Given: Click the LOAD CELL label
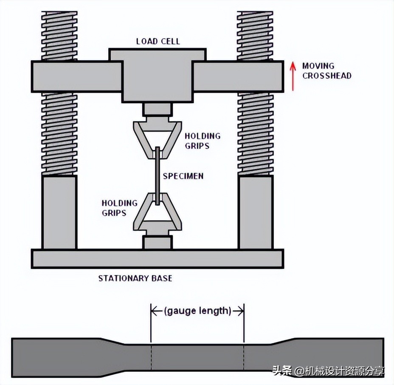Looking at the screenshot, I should tap(158, 41).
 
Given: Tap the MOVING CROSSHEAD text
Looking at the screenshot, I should tap(326, 71).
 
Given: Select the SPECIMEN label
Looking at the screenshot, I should tap(183, 176).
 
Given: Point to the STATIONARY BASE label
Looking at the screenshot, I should tap(135, 278).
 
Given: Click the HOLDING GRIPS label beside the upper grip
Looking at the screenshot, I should tap(203, 141).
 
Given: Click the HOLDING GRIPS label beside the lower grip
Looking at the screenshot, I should tap(120, 208).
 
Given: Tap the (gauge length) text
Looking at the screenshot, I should tap(197, 311).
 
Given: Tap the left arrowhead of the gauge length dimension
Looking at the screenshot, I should tap(154, 311).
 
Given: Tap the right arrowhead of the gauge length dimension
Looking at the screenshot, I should tap(241, 311).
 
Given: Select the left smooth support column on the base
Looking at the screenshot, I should tap(59, 212).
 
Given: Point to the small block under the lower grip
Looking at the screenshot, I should tap(158, 243).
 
